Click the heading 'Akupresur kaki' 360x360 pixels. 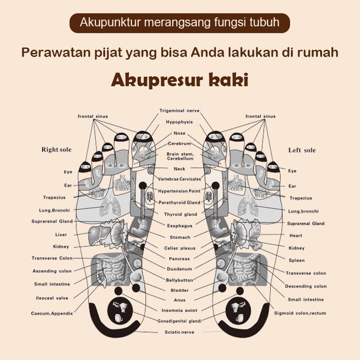[x=180, y=80]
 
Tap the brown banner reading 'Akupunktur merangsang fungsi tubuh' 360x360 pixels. [x=180, y=23]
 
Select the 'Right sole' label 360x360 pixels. [x=57, y=150]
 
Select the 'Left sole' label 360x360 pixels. [x=302, y=150]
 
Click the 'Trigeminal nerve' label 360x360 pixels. [x=180, y=110]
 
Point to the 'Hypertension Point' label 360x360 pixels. [x=180, y=191]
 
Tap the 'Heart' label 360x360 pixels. [x=296, y=236]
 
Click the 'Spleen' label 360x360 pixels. [x=297, y=260]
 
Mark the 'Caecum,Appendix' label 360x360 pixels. [x=52, y=313]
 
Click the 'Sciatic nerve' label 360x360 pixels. [x=180, y=332]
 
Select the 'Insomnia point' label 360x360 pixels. [x=180, y=310]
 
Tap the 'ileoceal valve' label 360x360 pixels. [x=52, y=298]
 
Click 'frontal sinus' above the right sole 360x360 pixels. [x=93, y=117]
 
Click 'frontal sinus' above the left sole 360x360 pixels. [x=260, y=117]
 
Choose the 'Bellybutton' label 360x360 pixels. [x=179, y=280]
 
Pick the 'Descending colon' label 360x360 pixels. [x=305, y=286]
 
